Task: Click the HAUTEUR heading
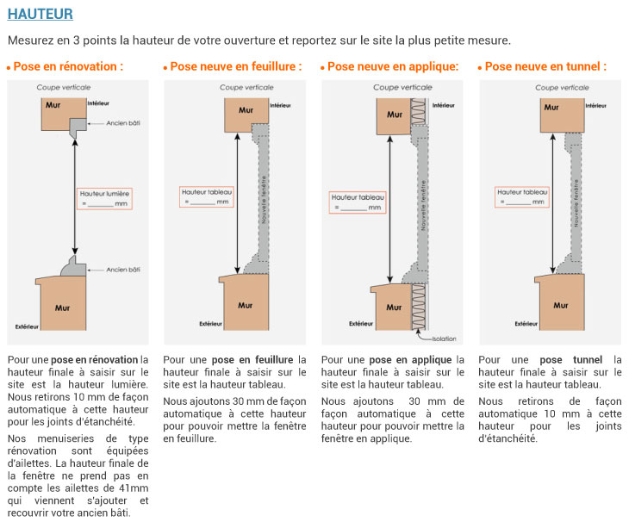(40, 14)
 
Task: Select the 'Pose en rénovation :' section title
(67, 66)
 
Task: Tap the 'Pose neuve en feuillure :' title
(235, 66)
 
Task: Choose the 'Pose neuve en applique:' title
(392, 66)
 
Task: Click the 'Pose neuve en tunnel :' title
(545, 66)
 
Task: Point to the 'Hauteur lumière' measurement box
(104, 199)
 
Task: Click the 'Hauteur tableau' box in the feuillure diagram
(206, 196)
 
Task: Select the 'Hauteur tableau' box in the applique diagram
(358, 202)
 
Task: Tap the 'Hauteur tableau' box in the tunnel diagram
(522, 196)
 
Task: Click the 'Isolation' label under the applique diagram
(445, 339)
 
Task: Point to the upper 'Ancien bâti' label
(122, 123)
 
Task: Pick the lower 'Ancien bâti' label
(122, 270)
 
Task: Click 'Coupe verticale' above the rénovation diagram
(64, 88)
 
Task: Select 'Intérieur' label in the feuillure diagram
(281, 106)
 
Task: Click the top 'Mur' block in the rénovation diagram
(64, 111)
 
